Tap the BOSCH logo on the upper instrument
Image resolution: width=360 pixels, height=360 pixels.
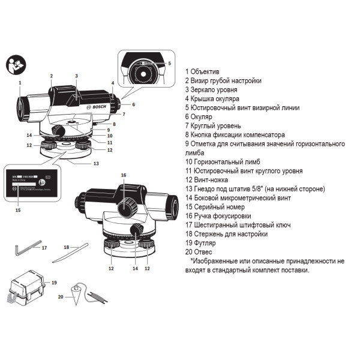95,106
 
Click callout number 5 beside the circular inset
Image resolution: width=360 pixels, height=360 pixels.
169,63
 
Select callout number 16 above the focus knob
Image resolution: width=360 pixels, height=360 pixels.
124,175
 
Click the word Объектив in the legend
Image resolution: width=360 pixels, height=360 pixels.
207,71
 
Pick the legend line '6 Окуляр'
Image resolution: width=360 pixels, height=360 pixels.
205,116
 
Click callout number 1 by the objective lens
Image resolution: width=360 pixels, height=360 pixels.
20,82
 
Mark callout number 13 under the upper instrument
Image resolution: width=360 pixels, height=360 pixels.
95,163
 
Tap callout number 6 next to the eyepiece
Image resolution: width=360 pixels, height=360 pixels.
133,104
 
